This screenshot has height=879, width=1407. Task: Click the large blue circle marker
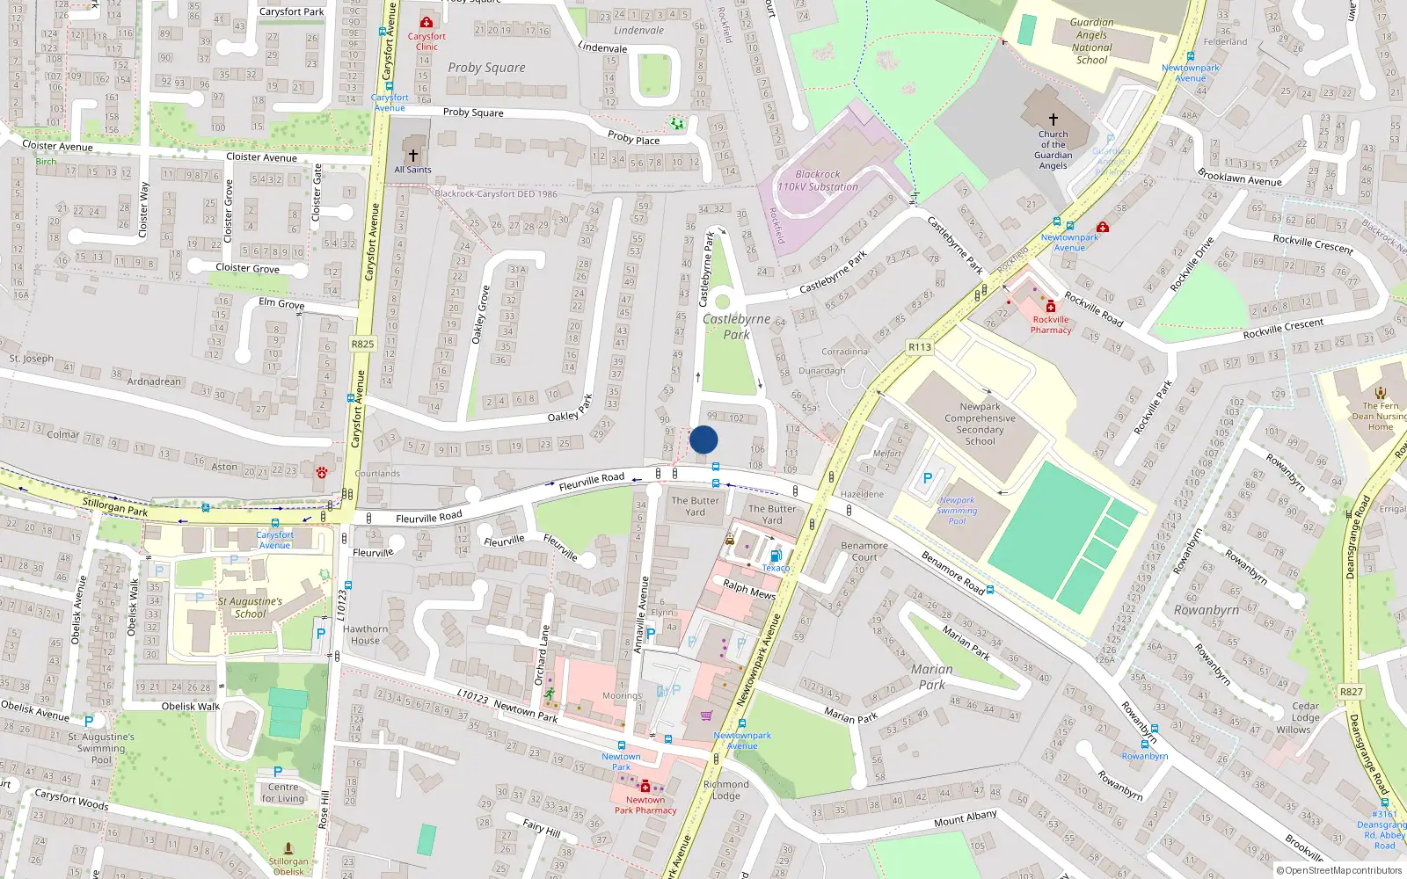703,439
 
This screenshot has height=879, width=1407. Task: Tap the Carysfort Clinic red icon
426,22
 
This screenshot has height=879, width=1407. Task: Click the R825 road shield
362,344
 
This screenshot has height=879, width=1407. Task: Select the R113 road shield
920,347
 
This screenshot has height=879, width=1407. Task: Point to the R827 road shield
1352,692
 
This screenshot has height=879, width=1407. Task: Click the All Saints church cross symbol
412,156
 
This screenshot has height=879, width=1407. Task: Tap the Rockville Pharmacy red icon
1051,307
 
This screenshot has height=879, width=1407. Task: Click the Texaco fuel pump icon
776,556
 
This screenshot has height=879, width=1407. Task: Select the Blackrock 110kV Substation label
818,181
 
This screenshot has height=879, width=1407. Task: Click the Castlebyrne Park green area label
737,326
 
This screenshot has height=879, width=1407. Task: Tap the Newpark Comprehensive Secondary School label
980,424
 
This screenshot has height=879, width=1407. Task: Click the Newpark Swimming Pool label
957,511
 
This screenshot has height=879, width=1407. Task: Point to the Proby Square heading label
486,68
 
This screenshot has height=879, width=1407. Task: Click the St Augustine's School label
250,607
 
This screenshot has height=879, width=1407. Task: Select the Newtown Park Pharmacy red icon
645,787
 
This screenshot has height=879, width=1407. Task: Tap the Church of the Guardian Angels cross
1053,120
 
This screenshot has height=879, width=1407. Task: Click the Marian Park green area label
932,677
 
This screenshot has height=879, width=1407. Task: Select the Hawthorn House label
365,635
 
